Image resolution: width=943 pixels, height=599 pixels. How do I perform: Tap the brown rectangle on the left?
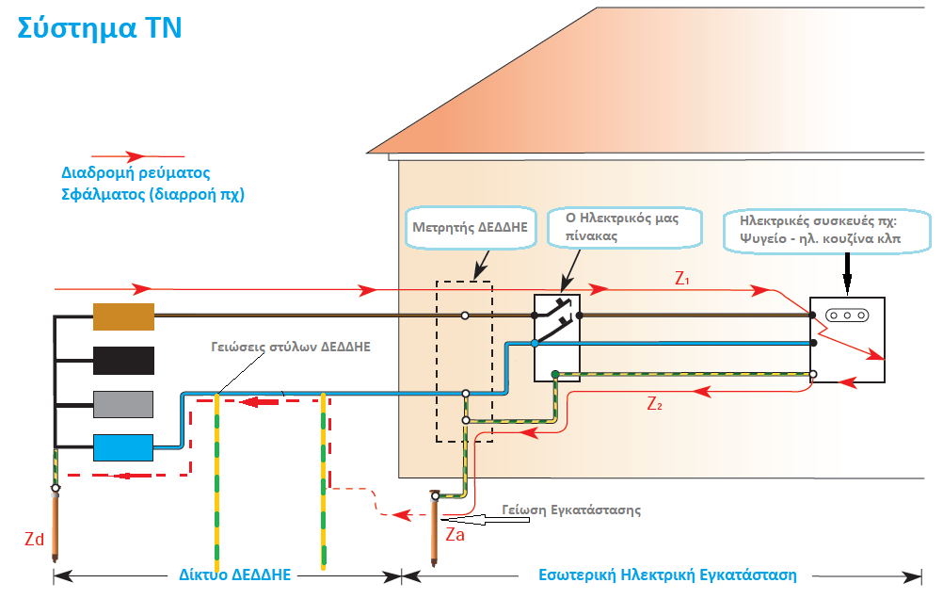tap(123, 316)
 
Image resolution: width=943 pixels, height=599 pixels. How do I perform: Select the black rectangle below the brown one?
tap(123, 361)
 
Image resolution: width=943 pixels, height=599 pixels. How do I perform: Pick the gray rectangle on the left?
tap(123, 404)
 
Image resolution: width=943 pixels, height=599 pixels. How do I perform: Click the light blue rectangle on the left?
tap(123, 447)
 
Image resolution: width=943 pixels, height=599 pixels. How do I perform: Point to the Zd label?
tap(34, 539)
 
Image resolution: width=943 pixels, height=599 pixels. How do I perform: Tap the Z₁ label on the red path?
tap(682, 279)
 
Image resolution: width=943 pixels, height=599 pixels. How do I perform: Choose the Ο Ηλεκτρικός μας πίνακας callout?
tap(627, 227)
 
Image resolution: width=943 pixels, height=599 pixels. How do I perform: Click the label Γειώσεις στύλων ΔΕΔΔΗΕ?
tap(291, 346)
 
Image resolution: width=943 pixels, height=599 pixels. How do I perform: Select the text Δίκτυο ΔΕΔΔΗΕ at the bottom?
tap(232, 574)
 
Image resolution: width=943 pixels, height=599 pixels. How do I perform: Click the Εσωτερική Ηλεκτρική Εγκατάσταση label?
tap(666, 574)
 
